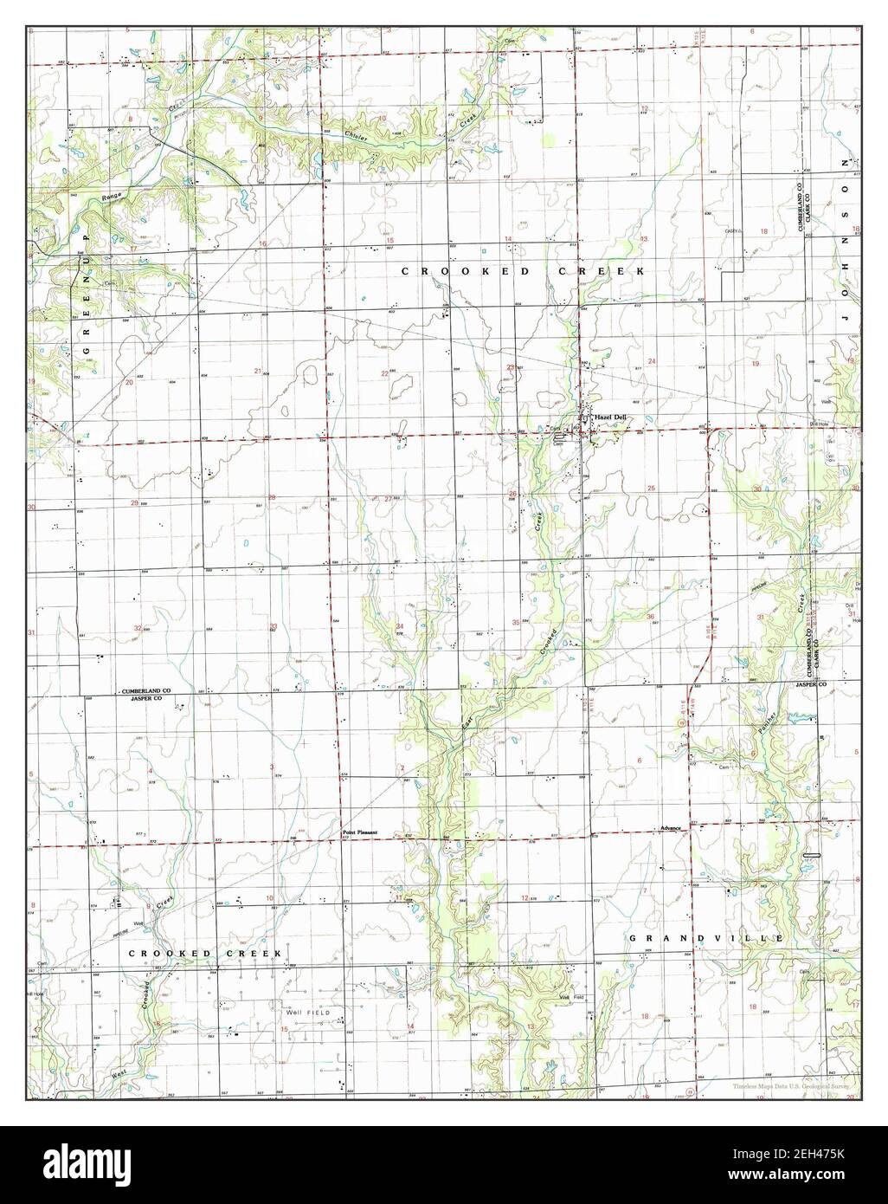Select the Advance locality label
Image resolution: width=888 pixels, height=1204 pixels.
tap(671, 828)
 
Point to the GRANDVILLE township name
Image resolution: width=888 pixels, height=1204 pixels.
tap(706, 938)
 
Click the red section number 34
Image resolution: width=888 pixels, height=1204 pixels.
tap(400, 625)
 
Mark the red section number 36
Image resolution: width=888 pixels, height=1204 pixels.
tap(650, 616)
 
